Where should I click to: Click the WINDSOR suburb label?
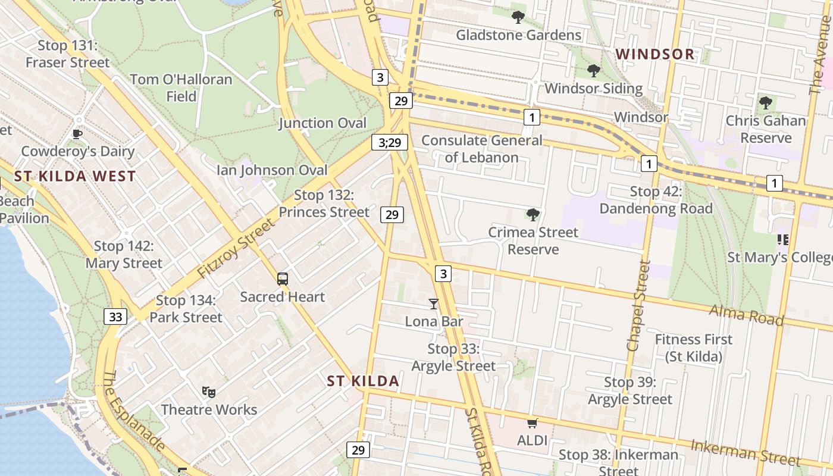coord(654,54)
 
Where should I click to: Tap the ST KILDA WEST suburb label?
coord(75,176)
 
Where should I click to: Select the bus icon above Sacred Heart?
coord(283,278)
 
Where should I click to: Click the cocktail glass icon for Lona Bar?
coord(433,304)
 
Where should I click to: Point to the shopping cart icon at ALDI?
coord(532,424)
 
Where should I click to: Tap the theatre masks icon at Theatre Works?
coord(208,392)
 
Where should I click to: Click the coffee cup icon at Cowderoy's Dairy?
coord(77,134)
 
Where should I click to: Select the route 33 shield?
coord(115,317)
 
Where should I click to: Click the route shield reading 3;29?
coord(390,142)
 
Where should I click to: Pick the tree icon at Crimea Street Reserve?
coord(533,214)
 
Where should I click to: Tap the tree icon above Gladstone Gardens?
coord(518,17)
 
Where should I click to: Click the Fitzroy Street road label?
coord(237,249)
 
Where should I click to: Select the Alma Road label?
coord(746,315)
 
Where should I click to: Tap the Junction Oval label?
coord(322,123)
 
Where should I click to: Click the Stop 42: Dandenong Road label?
coord(656,200)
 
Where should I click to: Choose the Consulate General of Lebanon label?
coord(482,149)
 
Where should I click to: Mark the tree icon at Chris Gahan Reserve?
coord(765,103)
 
